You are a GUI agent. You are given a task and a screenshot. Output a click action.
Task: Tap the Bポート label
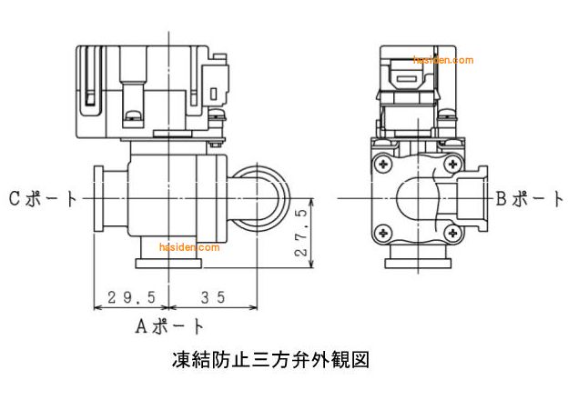click(x=530, y=198)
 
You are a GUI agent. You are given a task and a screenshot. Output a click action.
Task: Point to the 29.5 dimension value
click(x=132, y=296)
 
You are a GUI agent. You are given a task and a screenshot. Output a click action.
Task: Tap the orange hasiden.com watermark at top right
click(x=443, y=61)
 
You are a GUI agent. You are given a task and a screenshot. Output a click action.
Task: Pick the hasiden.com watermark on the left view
click(x=189, y=246)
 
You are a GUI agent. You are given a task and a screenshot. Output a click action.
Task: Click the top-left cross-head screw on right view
click(x=380, y=166)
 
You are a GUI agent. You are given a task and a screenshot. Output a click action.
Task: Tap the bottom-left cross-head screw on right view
click(x=380, y=231)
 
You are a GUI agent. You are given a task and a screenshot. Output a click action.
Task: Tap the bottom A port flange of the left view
click(x=170, y=264)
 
